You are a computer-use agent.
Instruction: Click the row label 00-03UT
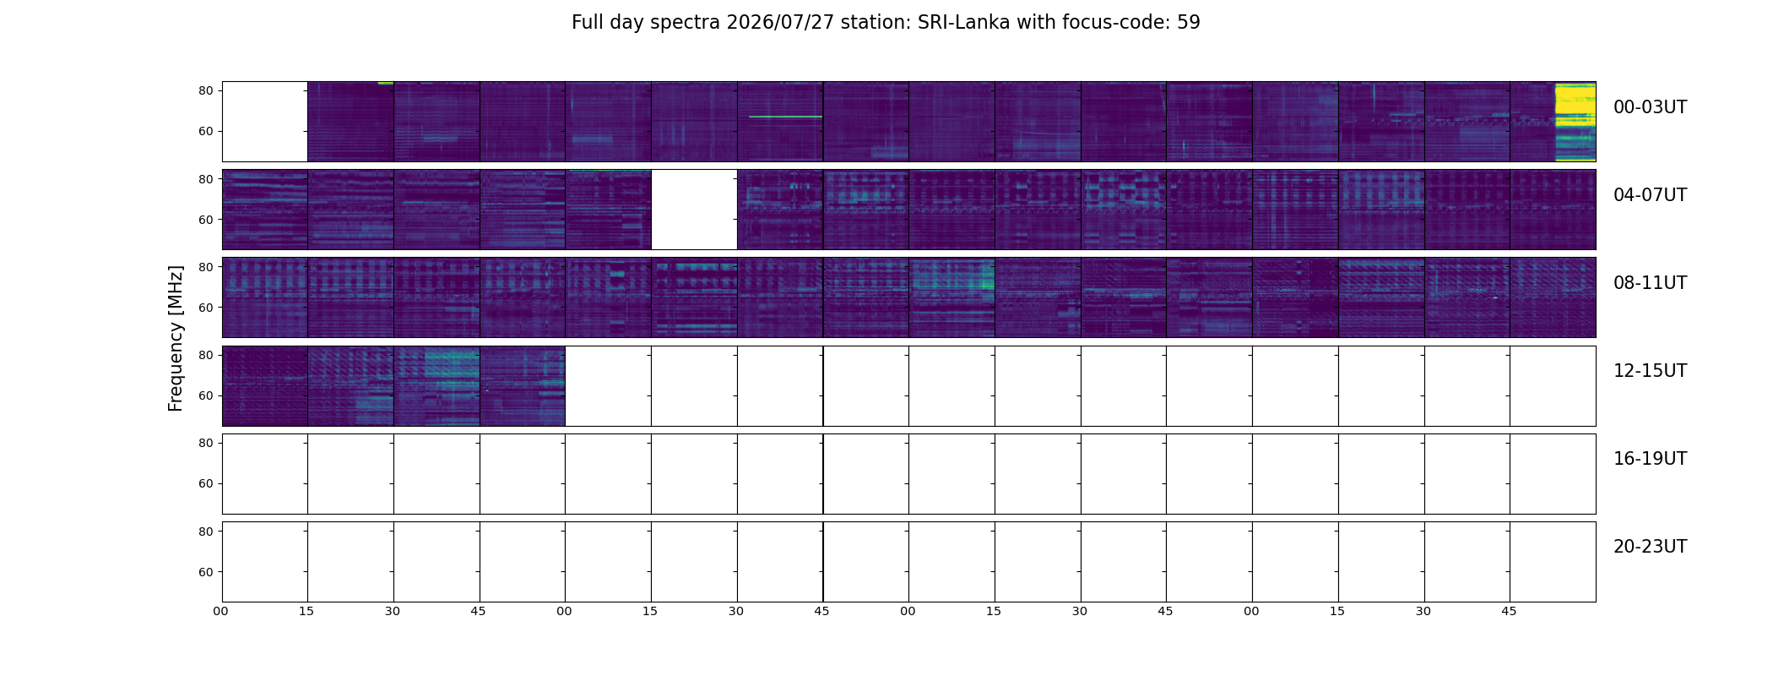[x=1650, y=107]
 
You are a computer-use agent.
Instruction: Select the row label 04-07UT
[x=1650, y=195]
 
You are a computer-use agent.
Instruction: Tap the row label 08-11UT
[x=1650, y=283]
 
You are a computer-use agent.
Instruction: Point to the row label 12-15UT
[x=1650, y=371]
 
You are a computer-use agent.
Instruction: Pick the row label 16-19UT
[x=1650, y=459]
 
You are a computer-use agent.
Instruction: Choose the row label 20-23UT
[x=1650, y=547]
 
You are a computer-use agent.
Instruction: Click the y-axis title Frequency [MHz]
[x=176, y=339]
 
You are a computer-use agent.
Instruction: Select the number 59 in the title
[x=1189, y=23]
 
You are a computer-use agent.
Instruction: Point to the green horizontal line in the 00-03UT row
[x=785, y=117]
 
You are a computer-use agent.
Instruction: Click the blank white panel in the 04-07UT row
[x=694, y=210]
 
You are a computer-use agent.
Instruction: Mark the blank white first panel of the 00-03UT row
[x=265, y=122]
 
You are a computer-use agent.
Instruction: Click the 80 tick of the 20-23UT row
[x=206, y=532]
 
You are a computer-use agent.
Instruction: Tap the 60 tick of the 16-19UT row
[x=206, y=484]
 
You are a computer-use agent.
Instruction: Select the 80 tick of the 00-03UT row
[x=206, y=91]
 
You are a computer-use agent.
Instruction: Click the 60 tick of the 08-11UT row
[x=206, y=308]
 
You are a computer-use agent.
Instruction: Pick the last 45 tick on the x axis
[x=1509, y=611]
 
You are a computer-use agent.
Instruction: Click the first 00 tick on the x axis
[x=221, y=611]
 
